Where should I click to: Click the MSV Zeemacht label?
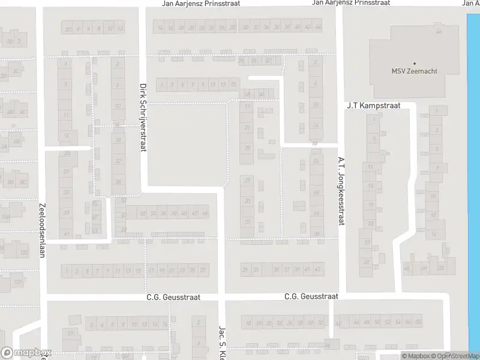point(414,71)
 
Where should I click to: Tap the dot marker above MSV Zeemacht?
point(414,63)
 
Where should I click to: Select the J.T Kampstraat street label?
point(373,106)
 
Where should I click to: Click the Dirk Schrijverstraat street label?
point(143,117)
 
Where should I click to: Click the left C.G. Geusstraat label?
point(173,297)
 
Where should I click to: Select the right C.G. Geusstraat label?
point(311,296)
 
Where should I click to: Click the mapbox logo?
point(26,353)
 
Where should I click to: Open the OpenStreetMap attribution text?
point(457,356)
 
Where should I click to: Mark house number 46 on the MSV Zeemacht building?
point(439,31)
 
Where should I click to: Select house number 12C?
point(25,253)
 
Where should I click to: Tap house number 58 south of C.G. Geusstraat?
point(419,323)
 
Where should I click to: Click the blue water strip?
point(473,180)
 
